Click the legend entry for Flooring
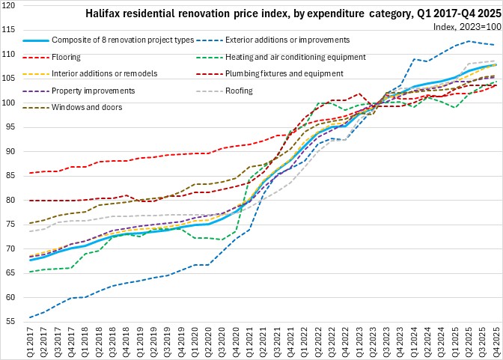click(x=67, y=56)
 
